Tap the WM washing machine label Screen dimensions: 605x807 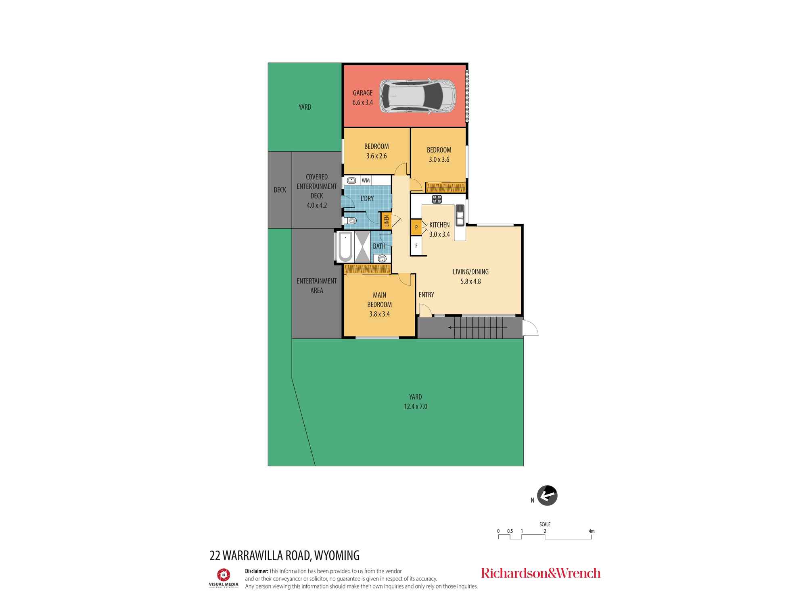(366, 180)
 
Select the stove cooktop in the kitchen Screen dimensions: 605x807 (437, 199)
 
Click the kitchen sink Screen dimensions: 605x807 (460, 215)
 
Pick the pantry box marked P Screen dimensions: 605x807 (416, 227)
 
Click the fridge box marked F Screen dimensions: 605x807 (416, 246)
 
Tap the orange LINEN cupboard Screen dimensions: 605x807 (386, 221)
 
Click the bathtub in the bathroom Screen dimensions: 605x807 (345, 246)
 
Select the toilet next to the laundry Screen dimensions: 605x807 (350, 221)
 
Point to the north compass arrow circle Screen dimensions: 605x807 (547, 495)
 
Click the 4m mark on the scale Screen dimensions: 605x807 (591, 531)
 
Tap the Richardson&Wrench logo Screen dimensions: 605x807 (541, 573)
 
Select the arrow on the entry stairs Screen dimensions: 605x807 (452, 328)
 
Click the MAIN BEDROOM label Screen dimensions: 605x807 (379, 300)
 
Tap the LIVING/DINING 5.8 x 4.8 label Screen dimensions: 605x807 (470, 276)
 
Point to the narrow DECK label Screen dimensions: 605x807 (280, 190)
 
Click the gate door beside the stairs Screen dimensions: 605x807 (529, 328)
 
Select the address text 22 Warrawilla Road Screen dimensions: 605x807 (284, 555)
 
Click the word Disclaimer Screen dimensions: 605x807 (257, 571)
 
